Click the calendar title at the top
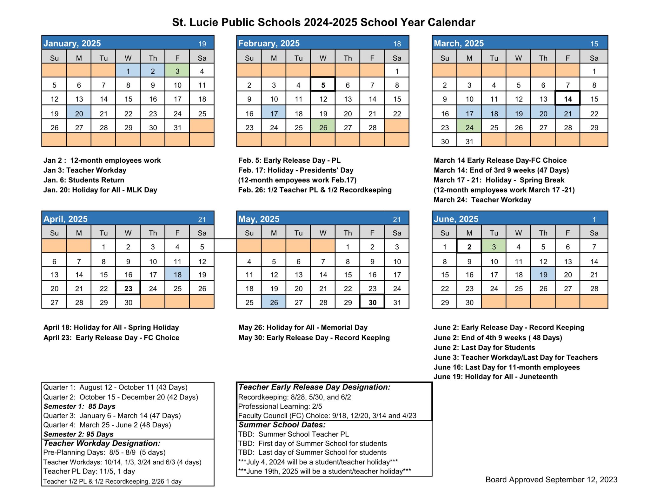tap(323, 22)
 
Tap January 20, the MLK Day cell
tap(79, 113)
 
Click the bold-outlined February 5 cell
tap(323, 85)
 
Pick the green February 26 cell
tap(323, 127)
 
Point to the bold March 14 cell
tap(567, 99)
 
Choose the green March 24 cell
tap(469, 127)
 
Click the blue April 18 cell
tap(177, 274)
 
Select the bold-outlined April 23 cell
tap(128, 288)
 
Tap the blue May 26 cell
tap(274, 302)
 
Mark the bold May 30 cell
tap(372, 302)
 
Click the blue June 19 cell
tap(543, 274)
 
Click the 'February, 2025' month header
tap(269, 43)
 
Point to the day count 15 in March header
tap(594, 44)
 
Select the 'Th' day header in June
tap(543, 233)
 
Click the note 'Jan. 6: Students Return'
tap(84, 180)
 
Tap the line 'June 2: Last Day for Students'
tap(484, 347)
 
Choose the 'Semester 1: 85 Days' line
tap(79, 406)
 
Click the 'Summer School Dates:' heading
tap(282, 425)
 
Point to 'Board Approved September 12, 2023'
tap(551, 479)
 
